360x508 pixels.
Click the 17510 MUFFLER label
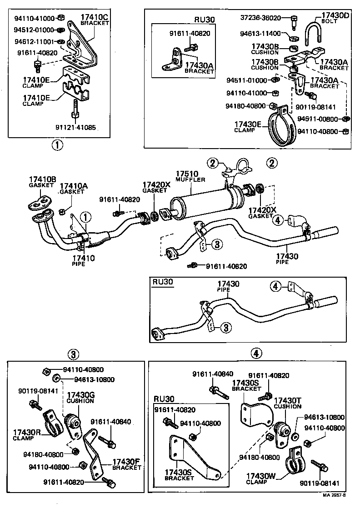[x=190, y=176]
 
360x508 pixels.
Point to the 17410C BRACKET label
[x=95, y=20]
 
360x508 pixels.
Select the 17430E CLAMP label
[x=248, y=126]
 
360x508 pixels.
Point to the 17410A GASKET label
[x=72, y=189]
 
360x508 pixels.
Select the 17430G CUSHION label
[x=80, y=398]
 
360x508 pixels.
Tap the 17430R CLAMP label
[x=26, y=434]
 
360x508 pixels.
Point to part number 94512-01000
[x=34, y=30]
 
